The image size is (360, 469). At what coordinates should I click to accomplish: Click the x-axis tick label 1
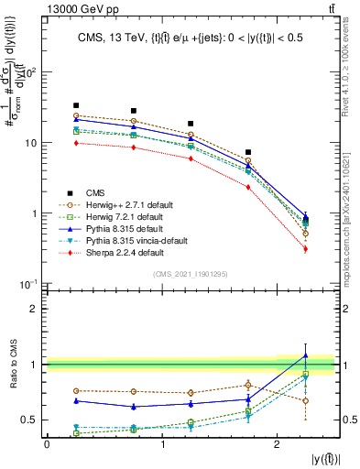coord(162,444)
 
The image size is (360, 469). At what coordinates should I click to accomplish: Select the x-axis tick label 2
coord(277,444)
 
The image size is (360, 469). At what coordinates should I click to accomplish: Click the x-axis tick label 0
coord(47,444)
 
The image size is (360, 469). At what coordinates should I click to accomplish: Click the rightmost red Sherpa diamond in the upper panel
coord(305,249)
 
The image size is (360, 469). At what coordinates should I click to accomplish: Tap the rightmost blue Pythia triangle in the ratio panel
coord(305,355)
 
